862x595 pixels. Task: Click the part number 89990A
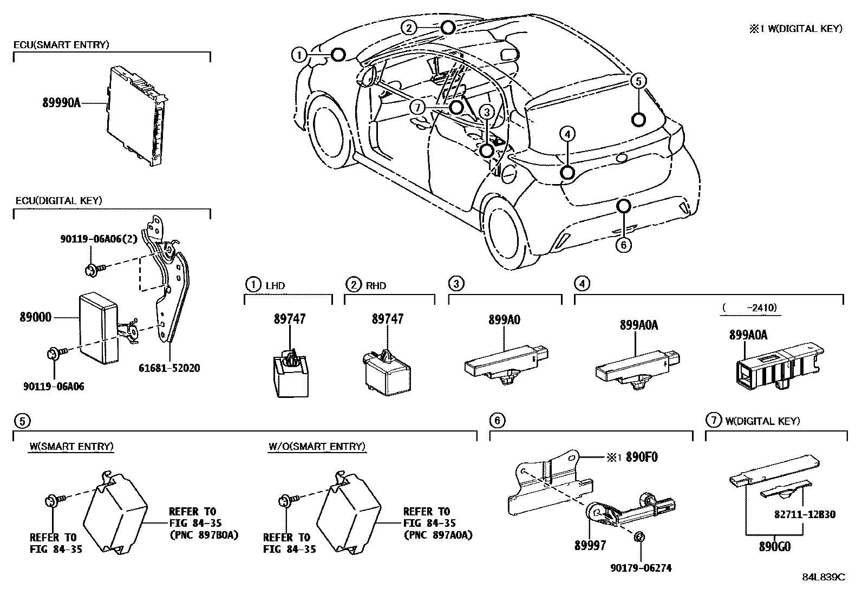click(61, 102)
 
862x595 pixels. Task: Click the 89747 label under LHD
click(289, 319)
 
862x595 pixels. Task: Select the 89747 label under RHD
click(387, 319)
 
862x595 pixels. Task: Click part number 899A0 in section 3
click(504, 320)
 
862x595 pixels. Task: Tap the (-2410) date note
click(749, 308)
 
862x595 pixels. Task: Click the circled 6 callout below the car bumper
click(623, 245)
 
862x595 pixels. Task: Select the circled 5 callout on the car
click(639, 81)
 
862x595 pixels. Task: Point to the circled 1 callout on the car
click(299, 54)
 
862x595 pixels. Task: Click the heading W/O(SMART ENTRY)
click(317, 447)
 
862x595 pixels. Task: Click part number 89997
click(590, 546)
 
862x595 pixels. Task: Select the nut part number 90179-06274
click(641, 568)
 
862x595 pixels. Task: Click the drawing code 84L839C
click(823, 577)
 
